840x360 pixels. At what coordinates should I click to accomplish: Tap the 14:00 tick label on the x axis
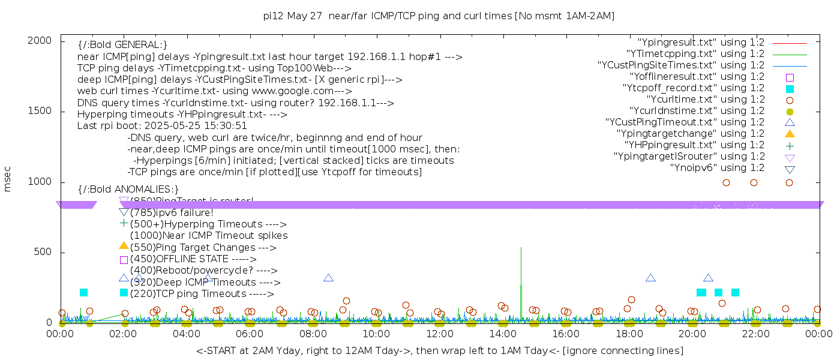point(503,334)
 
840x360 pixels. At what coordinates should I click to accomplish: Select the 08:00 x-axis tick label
point(313,334)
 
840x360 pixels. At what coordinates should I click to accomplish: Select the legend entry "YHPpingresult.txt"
point(694,145)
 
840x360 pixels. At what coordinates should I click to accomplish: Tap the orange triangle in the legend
point(790,134)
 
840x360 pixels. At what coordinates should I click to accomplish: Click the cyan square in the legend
point(790,88)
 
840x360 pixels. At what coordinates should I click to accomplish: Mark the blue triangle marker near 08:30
point(328,278)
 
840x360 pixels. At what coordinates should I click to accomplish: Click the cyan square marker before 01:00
point(83,292)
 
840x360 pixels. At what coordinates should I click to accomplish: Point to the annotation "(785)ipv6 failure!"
point(172,212)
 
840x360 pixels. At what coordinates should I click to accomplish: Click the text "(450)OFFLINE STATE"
point(179,259)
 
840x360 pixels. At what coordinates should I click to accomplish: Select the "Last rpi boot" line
point(162,126)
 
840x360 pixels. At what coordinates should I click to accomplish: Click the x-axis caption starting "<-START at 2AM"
point(439,350)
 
